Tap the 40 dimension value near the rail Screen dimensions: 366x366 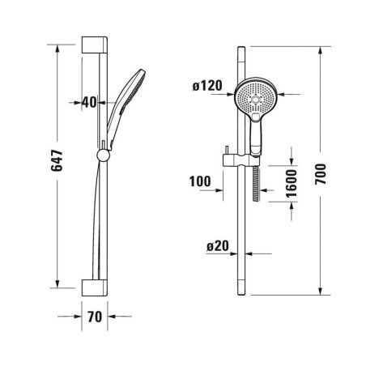(x=89, y=103)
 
